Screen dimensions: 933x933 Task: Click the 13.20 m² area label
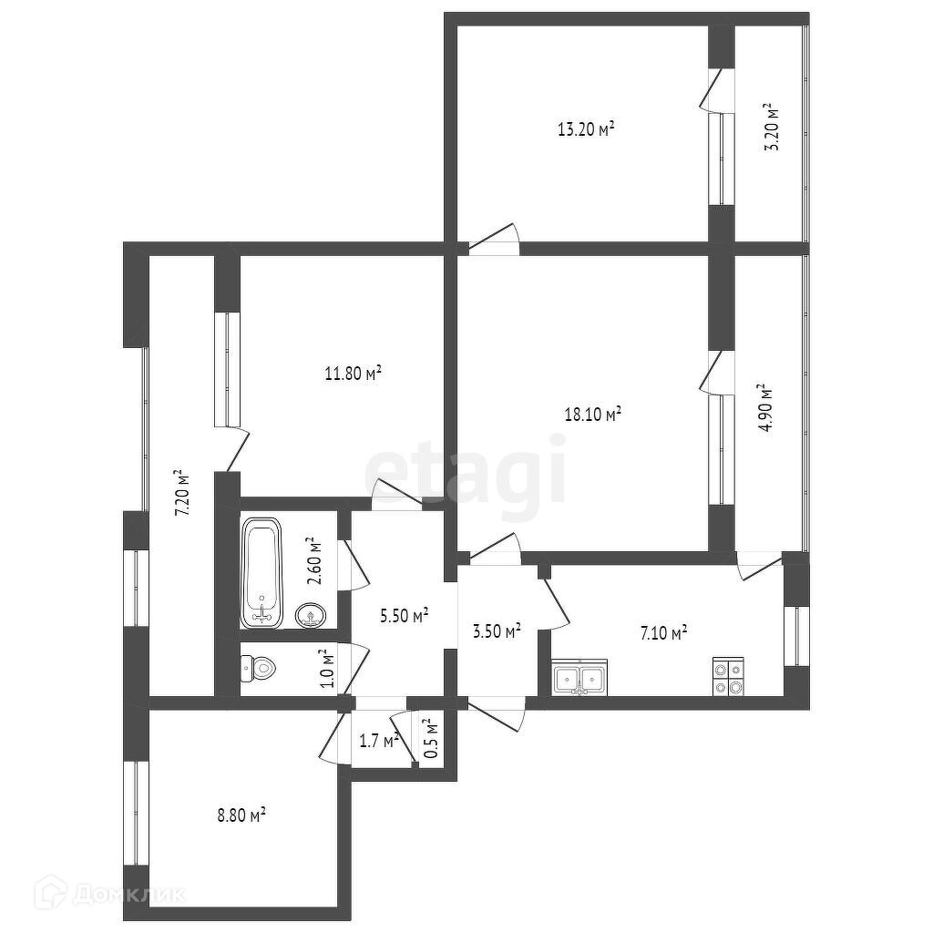pos(585,128)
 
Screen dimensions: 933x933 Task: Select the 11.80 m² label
pos(353,372)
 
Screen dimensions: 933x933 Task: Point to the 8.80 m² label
pos(241,815)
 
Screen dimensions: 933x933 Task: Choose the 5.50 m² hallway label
pos(405,616)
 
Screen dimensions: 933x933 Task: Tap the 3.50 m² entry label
pos(497,630)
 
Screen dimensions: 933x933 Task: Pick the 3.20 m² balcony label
pos(773,128)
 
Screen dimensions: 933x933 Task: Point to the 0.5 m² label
pos(431,738)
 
